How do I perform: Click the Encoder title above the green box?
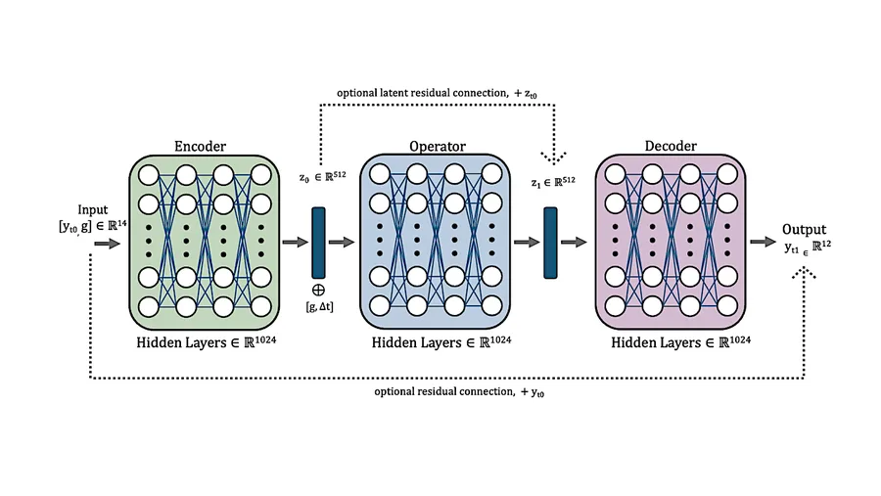point(200,146)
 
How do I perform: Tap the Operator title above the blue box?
point(438,147)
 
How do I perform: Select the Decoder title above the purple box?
point(671,146)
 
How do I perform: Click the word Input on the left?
point(93,210)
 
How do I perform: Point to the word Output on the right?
point(804,229)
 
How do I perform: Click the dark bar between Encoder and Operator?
point(318,243)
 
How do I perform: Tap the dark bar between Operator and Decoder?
point(550,243)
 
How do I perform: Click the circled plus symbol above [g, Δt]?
point(318,290)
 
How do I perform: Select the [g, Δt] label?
point(319,307)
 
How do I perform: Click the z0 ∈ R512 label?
point(322,177)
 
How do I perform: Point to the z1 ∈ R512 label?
point(553,182)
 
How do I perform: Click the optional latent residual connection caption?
point(437,93)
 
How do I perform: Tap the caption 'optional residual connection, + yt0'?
point(459,391)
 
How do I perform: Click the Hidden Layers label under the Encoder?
point(207,342)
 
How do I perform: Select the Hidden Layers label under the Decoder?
point(681,342)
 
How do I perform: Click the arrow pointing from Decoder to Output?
point(763,242)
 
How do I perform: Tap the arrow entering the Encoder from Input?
point(108,244)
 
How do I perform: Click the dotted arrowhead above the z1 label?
point(554,158)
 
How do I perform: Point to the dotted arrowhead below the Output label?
point(804,273)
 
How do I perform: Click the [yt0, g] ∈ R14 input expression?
point(93,226)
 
